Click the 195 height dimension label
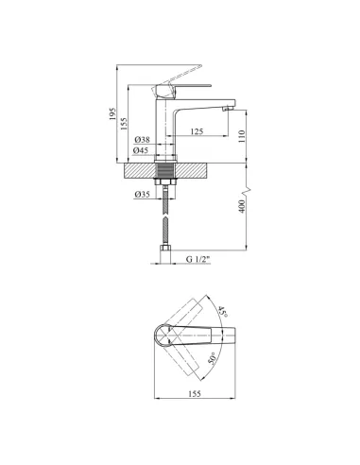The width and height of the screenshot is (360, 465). pos(112,113)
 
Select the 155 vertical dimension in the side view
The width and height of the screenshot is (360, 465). pos(124,124)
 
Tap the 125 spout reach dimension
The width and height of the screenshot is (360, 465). pos(197,131)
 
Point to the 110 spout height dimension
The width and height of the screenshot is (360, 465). pos(242,136)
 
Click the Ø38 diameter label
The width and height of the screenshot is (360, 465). pos(142,139)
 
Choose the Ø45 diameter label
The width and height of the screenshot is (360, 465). pos(141,150)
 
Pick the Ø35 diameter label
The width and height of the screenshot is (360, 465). pos(142,195)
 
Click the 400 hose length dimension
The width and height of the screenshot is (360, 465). pos(242,206)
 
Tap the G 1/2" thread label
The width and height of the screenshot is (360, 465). pos(197,259)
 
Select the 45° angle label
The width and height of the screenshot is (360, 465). pos(223,311)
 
